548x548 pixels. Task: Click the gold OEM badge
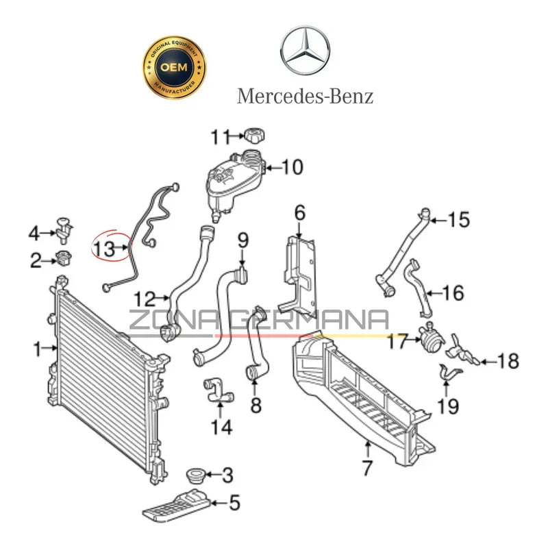[x=173, y=68]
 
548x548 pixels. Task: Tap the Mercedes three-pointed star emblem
[x=305, y=52]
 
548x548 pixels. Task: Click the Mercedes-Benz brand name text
[x=306, y=95]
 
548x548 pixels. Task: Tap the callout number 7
[x=367, y=469]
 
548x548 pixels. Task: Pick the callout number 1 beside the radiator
[x=38, y=349]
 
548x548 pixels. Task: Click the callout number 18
[x=508, y=360]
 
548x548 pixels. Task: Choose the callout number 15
[x=459, y=220]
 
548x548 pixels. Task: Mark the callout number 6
[x=299, y=213]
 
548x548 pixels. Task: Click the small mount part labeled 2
[x=64, y=259]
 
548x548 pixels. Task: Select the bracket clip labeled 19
[x=449, y=375]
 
